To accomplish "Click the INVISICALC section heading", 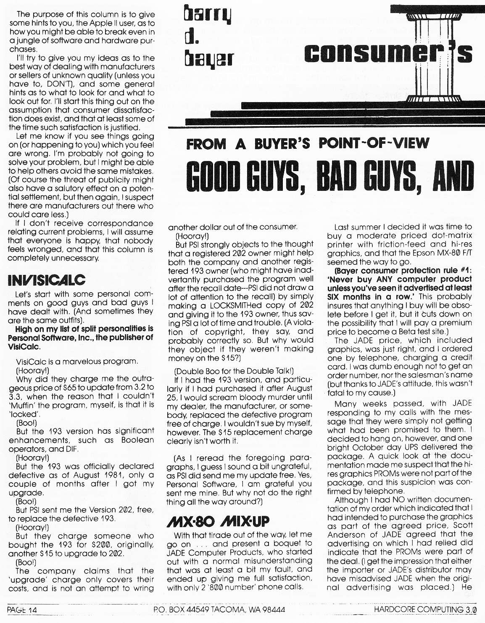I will (x=46, y=280).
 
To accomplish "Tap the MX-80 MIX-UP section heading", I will (x=218, y=522).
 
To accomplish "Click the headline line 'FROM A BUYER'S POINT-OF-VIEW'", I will (x=308, y=144).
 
